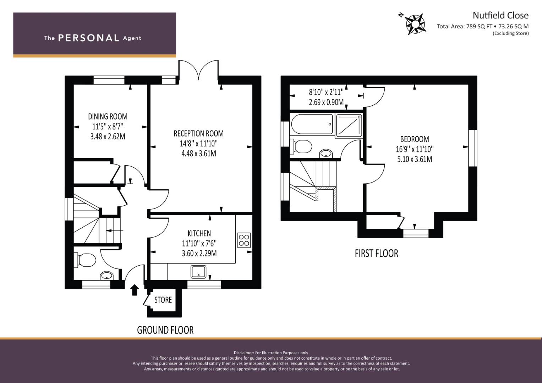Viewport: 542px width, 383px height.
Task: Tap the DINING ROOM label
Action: click(108, 117)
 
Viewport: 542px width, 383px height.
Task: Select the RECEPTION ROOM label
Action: click(199, 133)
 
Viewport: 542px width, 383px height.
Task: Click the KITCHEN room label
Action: click(199, 233)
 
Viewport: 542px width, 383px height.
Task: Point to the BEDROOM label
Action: click(415, 139)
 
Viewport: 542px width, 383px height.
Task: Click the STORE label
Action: click(163, 300)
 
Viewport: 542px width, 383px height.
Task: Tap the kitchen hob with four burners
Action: click(244, 240)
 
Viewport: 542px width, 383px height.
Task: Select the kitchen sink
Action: click(198, 272)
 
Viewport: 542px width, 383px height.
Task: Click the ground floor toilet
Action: click(85, 260)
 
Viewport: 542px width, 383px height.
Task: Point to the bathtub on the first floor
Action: click(312, 124)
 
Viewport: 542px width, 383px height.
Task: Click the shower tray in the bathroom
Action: click(349, 125)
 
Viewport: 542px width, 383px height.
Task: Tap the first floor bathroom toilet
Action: click(301, 146)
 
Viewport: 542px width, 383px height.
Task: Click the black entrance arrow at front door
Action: click(135, 290)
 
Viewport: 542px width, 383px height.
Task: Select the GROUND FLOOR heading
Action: click(165, 330)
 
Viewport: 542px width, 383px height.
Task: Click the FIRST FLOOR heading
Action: click(377, 254)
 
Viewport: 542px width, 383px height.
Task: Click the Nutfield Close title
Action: click(500, 16)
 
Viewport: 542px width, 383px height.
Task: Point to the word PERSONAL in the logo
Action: click(89, 38)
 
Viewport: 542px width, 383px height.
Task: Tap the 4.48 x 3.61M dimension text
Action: click(199, 154)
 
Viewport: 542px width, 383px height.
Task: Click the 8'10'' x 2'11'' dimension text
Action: click(326, 92)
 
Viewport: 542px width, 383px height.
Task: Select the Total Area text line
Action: click(483, 26)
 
